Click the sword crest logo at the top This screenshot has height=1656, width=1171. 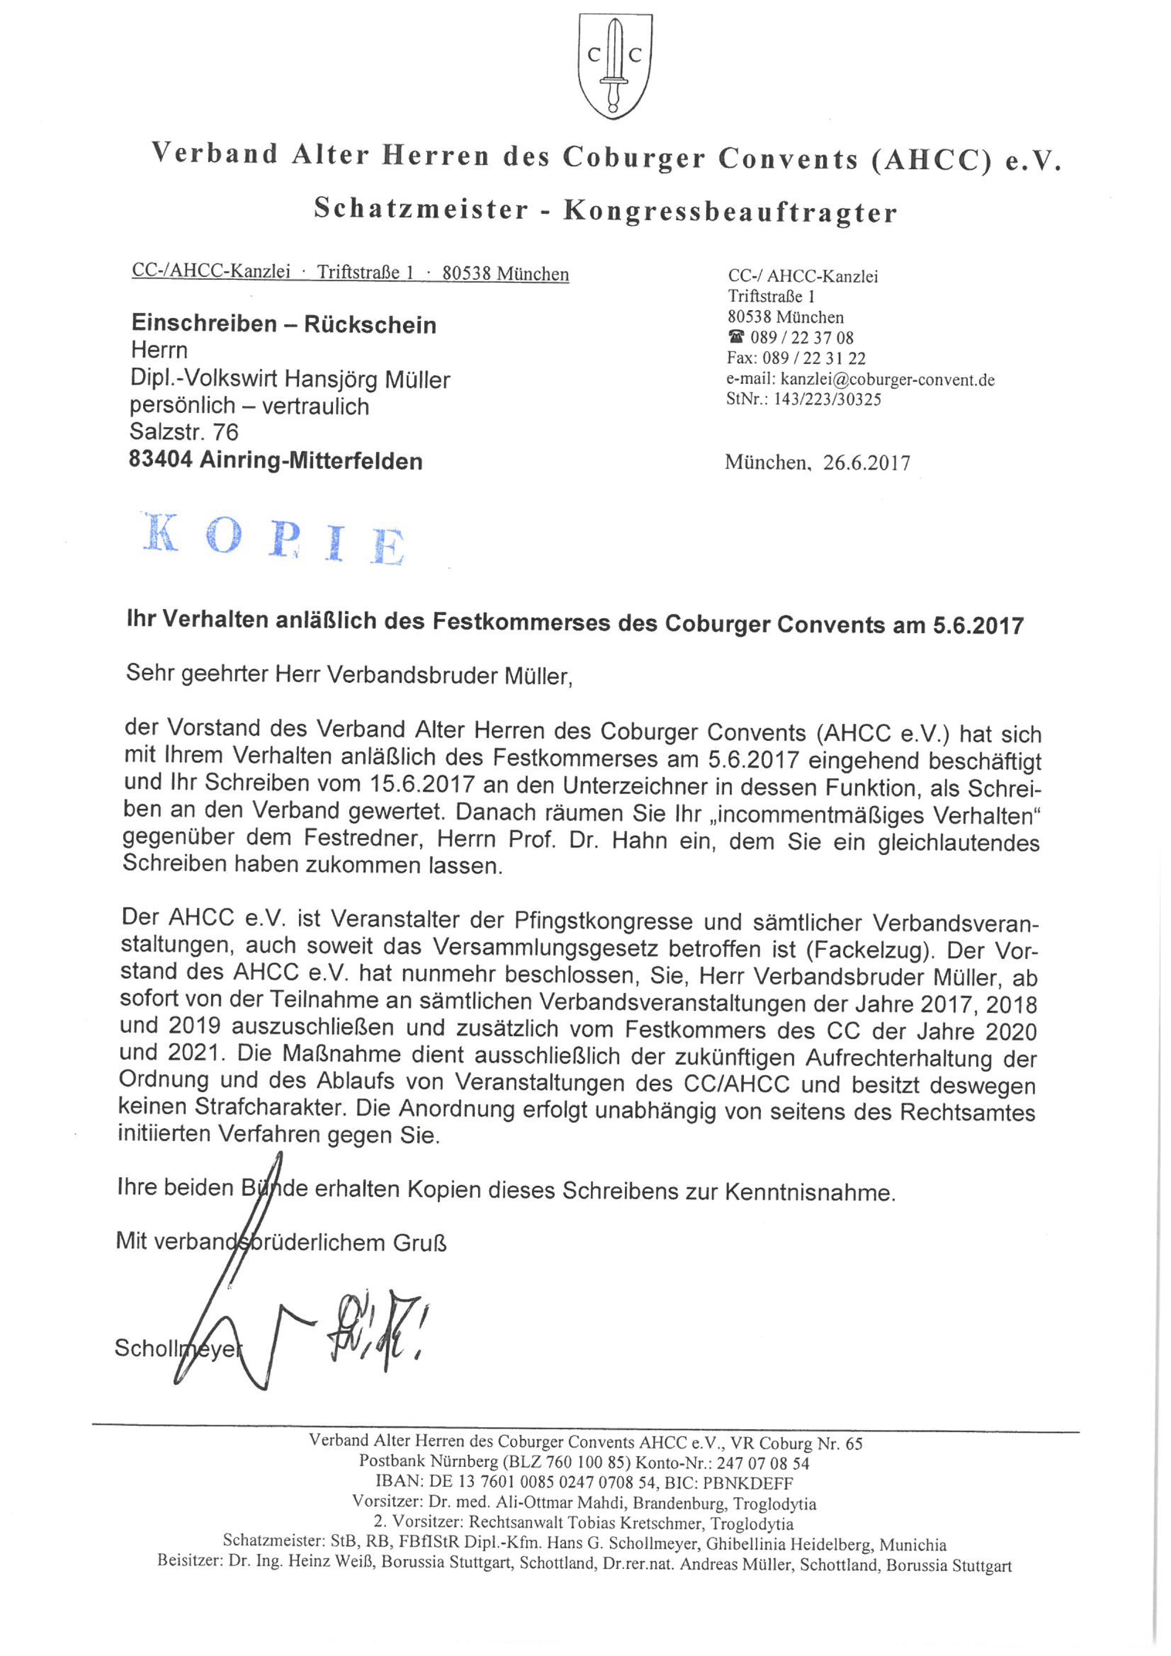point(615,66)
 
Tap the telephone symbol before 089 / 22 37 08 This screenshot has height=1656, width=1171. point(736,337)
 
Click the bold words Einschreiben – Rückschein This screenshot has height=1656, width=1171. point(283,325)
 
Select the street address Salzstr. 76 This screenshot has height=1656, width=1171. point(184,432)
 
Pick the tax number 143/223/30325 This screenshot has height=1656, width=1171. point(827,399)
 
